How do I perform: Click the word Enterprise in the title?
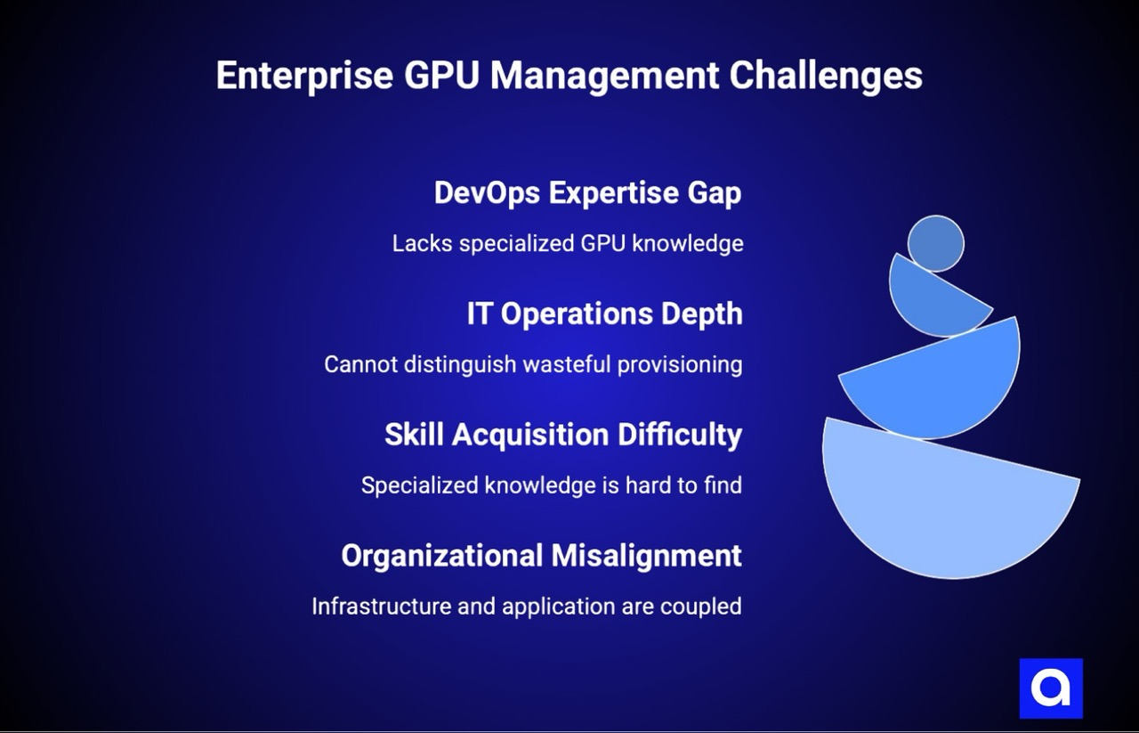point(303,77)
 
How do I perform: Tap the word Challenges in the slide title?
point(826,77)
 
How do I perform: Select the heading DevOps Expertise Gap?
point(587,192)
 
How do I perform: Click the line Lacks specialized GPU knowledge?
point(568,243)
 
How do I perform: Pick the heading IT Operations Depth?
point(604,314)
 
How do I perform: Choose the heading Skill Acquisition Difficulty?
point(562,435)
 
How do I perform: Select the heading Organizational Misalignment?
point(541,556)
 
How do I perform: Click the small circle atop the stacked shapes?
point(935,243)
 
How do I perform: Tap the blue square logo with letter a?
point(1051,688)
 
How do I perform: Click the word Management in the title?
point(604,77)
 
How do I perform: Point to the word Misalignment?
point(646,556)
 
